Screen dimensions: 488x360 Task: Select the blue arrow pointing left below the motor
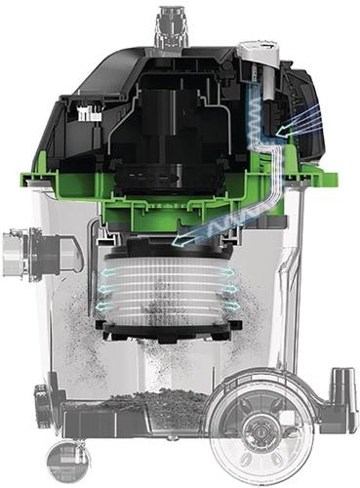191,237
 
